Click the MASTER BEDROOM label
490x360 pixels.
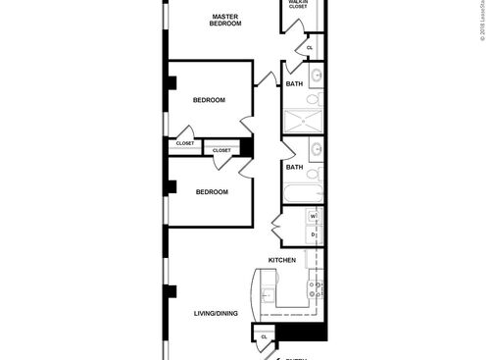[225, 20]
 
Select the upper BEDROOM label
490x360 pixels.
[209, 100]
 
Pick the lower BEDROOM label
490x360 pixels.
[212, 192]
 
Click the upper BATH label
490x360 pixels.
[294, 84]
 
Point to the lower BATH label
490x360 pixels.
[294, 168]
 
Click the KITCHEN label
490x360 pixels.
[283, 260]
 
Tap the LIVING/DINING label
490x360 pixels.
[215, 313]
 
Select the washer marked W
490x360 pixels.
[313, 216]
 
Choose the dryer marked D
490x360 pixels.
[313, 235]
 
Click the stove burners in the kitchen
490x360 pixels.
[317, 288]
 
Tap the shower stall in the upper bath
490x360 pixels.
[303, 122]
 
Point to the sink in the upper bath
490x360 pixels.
[316, 77]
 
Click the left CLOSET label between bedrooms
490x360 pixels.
[185, 143]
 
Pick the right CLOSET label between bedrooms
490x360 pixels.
[221, 150]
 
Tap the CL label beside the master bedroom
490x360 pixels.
[310, 47]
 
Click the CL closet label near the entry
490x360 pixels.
[263, 337]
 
